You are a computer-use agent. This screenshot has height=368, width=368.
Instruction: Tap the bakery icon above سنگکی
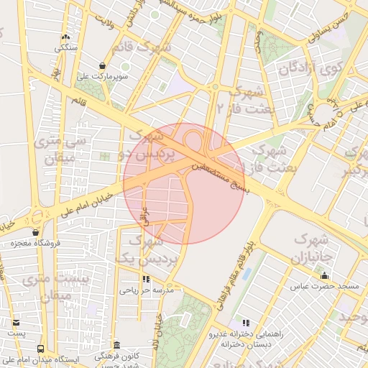(66, 37)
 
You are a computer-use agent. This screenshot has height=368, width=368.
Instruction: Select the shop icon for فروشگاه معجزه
(35, 232)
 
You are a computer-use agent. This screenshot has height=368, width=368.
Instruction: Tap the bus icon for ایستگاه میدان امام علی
(40, 348)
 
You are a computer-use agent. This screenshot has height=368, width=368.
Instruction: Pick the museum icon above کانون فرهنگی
(117, 345)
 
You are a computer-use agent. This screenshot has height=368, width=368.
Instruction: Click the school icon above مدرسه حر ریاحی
(147, 279)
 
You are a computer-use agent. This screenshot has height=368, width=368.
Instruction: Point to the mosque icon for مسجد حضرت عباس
(324, 275)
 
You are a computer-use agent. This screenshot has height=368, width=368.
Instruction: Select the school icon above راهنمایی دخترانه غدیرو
(247, 323)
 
